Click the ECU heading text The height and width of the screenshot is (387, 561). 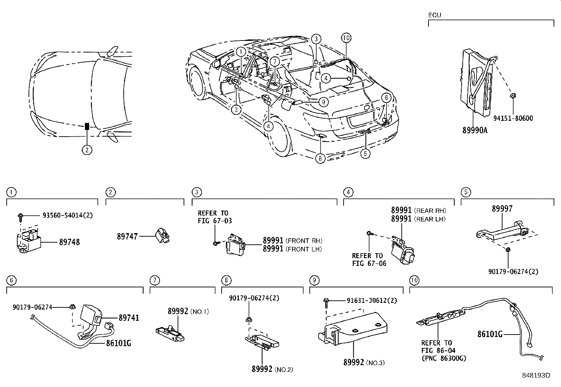pyautogui.click(x=434, y=15)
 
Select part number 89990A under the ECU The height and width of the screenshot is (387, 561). pyautogui.click(x=475, y=130)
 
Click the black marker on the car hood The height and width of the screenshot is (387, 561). pyautogui.click(x=87, y=126)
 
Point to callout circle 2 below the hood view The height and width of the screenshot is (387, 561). pyautogui.click(x=87, y=150)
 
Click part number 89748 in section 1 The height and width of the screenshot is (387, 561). pyautogui.click(x=69, y=242)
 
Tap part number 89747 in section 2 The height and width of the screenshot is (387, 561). pyautogui.click(x=127, y=237)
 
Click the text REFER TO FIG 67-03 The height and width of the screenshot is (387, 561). pyautogui.click(x=215, y=217)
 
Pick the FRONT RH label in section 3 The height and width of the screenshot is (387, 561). pyautogui.click(x=304, y=241)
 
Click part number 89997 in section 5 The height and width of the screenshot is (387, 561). pyautogui.click(x=502, y=209)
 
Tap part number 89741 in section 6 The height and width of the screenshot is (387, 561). pyautogui.click(x=129, y=318)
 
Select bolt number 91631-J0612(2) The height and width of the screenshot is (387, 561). pyautogui.click(x=366, y=301)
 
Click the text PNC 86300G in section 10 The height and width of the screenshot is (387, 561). pyautogui.click(x=444, y=358)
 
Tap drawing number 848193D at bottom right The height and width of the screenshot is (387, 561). pyautogui.click(x=536, y=375)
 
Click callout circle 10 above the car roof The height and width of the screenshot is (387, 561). pyautogui.click(x=346, y=38)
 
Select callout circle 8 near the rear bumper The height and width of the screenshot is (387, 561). pyautogui.click(x=320, y=159)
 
